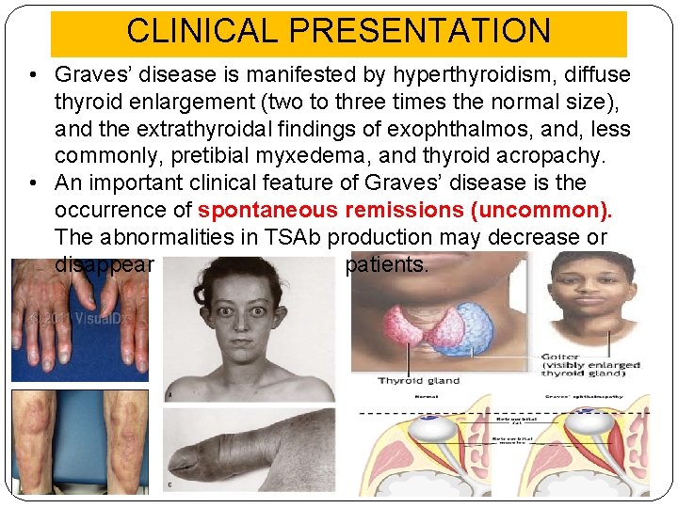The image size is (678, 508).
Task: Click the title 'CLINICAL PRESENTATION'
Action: click(338, 30)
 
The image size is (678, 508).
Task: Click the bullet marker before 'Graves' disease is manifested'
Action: click(32, 74)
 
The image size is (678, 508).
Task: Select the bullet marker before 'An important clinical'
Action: click(32, 183)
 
